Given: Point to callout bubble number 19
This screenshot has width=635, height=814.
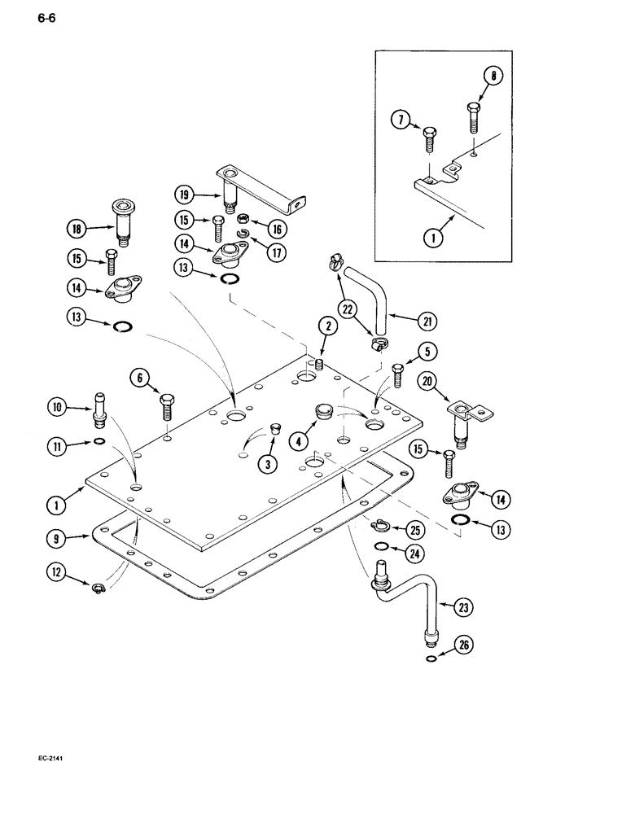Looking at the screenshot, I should coord(185,194).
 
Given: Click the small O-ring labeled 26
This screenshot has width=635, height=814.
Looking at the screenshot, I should coord(429,659).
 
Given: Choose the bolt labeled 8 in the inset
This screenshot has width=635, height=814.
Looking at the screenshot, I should coord(474,116).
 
